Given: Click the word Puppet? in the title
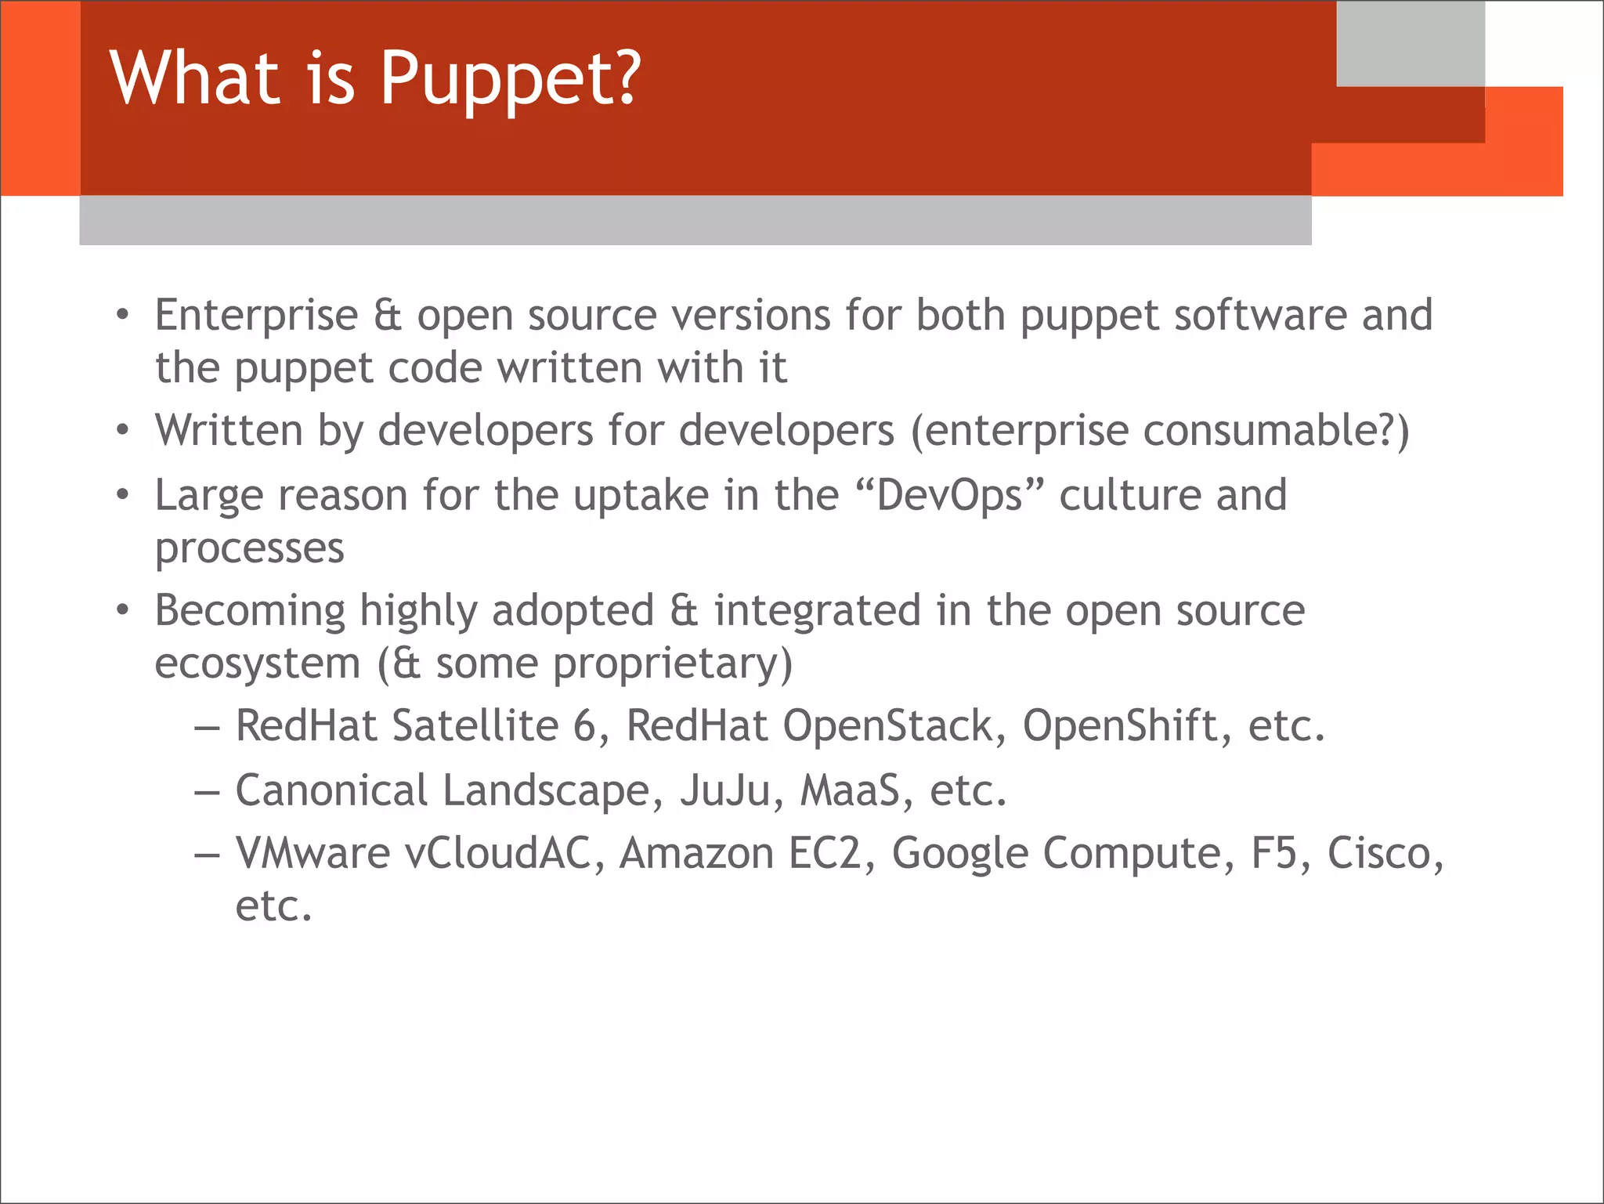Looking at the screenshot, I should (x=510, y=78).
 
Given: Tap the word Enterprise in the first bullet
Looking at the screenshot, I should (x=256, y=316).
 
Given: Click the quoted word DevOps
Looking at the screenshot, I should (x=949, y=495).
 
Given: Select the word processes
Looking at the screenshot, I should (x=249, y=548).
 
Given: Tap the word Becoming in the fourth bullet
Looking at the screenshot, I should (x=250, y=611).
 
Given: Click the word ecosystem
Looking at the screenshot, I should (x=257, y=663).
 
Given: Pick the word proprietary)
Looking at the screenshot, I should (x=673, y=665).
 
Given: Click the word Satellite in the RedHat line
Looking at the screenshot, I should (x=475, y=725).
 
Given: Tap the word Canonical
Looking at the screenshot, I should (x=331, y=790).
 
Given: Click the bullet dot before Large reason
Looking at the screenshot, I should (x=122, y=496).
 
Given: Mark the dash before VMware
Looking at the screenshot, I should (x=207, y=855).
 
